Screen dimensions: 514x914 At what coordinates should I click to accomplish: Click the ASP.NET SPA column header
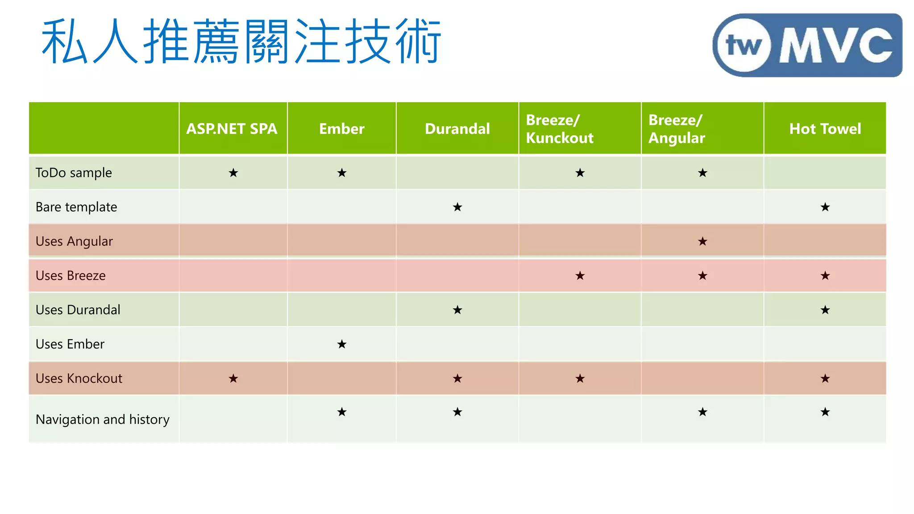click(x=232, y=129)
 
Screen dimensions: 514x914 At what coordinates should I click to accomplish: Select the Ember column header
click(x=341, y=129)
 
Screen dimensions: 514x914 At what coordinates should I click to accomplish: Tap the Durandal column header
click(x=457, y=129)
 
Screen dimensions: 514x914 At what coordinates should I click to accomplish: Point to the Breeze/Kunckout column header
click(x=560, y=129)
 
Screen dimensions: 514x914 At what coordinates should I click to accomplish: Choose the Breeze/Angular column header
click(x=677, y=129)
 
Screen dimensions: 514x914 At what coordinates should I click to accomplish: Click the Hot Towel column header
click(x=825, y=129)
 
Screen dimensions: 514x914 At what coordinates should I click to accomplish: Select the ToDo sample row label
click(x=74, y=173)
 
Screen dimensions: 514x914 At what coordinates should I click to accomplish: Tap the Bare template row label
click(x=76, y=207)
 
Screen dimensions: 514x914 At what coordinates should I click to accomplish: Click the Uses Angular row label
click(x=74, y=241)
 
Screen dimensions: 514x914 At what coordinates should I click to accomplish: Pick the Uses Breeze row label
click(x=71, y=276)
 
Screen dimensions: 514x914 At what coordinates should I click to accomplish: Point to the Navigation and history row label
click(x=102, y=419)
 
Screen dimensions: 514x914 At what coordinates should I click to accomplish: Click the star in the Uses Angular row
click(x=702, y=241)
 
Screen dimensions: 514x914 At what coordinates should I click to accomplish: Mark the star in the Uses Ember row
click(x=342, y=344)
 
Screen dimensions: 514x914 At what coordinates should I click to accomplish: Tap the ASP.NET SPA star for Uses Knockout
click(x=233, y=378)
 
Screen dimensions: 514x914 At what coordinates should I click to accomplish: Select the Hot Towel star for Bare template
click(x=825, y=207)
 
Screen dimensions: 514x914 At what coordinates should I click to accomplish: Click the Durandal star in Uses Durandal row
click(x=457, y=310)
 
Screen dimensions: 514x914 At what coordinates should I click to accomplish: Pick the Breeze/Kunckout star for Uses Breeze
click(x=580, y=276)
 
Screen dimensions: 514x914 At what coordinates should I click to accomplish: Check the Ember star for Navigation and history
click(x=342, y=412)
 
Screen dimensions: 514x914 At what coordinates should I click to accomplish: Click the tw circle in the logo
click(x=744, y=45)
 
